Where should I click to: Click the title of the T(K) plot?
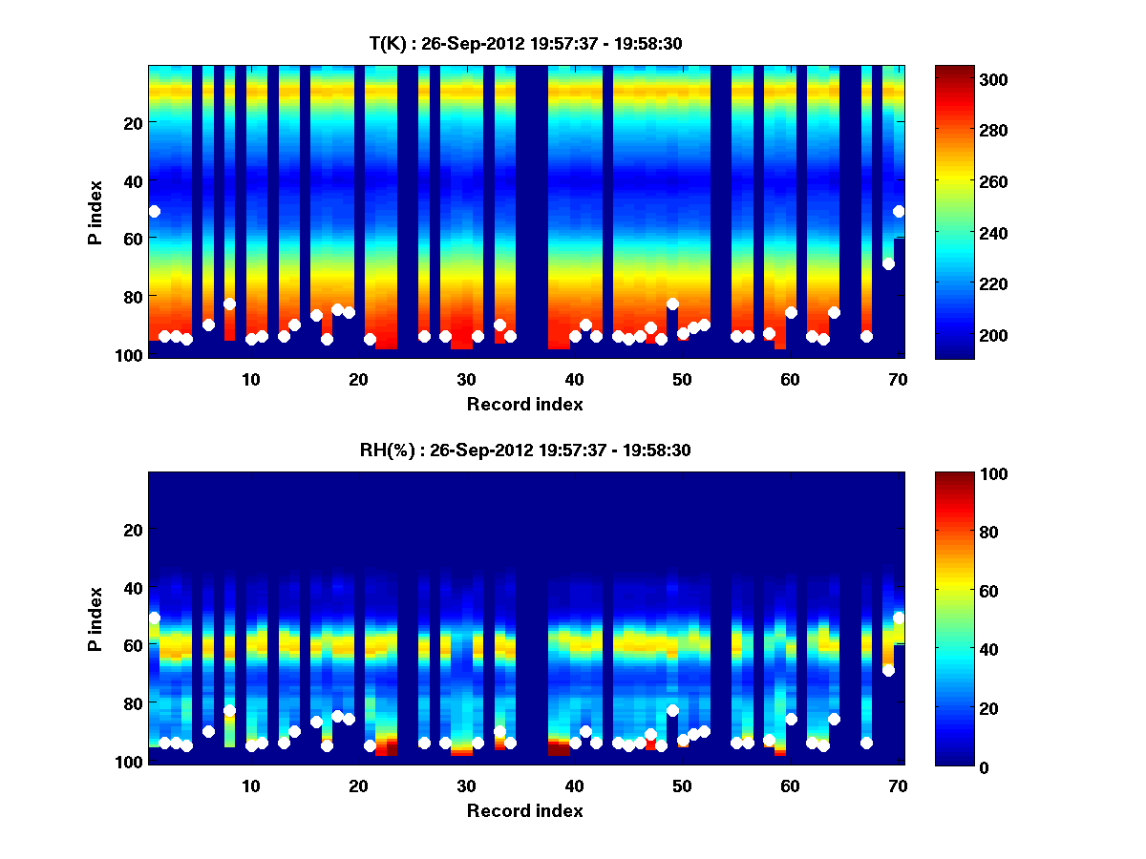coord(525,43)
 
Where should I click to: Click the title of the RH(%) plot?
coord(525,450)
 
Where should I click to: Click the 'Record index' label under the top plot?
coord(525,405)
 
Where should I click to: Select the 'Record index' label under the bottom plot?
coord(525,811)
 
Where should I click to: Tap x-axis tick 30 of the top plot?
coord(465,379)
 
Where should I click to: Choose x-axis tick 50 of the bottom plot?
coord(681,786)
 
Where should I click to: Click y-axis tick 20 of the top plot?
coord(132,122)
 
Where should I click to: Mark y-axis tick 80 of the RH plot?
coord(132,702)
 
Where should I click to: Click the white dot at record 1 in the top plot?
coord(154,211)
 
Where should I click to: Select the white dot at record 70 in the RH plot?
coord(899,618)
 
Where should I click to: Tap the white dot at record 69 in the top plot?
coord(888,263)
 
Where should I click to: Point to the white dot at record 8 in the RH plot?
coord(229,710)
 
